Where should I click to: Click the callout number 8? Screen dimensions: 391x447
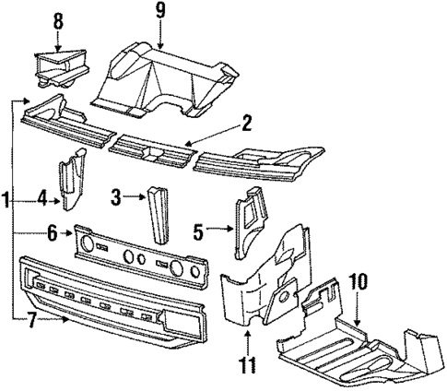pos(58,19)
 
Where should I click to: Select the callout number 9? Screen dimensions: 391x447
pos(161,13)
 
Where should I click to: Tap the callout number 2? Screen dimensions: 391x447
pos(246,122)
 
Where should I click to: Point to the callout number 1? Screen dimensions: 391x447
pos(6,198)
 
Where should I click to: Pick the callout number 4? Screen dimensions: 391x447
pos(42,196)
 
